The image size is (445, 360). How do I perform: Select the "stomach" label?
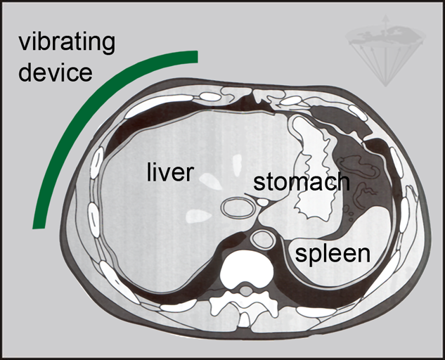coord(301,181)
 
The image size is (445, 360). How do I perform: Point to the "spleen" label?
coord(332,253)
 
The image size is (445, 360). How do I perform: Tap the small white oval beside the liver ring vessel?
coord(262,202)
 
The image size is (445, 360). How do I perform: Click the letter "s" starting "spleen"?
coord(300,254)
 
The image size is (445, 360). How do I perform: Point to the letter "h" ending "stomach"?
coord(342,181)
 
